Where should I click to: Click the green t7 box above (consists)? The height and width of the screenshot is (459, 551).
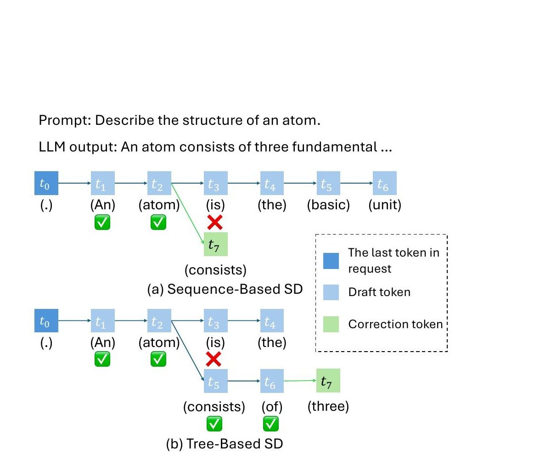click(215, 245)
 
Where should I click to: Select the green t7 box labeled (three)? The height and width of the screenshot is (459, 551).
click(328, 381)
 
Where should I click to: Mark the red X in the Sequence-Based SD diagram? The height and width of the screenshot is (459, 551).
click(214, 222)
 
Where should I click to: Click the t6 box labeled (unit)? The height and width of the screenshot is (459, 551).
click(384, 183)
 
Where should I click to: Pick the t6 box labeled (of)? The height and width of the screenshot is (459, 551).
click(272, 381)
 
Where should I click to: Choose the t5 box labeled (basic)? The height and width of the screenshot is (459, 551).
click(328, 183)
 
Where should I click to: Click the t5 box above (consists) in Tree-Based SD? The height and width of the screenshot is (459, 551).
click(215, 381)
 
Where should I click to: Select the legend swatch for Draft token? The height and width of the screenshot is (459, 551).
click(331, 292)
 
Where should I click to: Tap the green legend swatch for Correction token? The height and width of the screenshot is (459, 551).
click(331, 324)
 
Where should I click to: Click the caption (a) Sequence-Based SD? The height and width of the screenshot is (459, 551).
click(225, 289)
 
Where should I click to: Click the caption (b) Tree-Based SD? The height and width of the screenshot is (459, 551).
click(225, 444)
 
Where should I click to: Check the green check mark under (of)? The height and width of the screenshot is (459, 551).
click(271, 424)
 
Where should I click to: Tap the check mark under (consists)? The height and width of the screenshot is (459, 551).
click(214, 424)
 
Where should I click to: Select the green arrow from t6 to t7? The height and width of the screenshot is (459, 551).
click(300, 381)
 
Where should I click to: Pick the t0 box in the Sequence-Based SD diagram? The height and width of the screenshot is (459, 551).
click(46, 183)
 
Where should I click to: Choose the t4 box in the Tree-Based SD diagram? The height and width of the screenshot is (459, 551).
click(272, 321)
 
